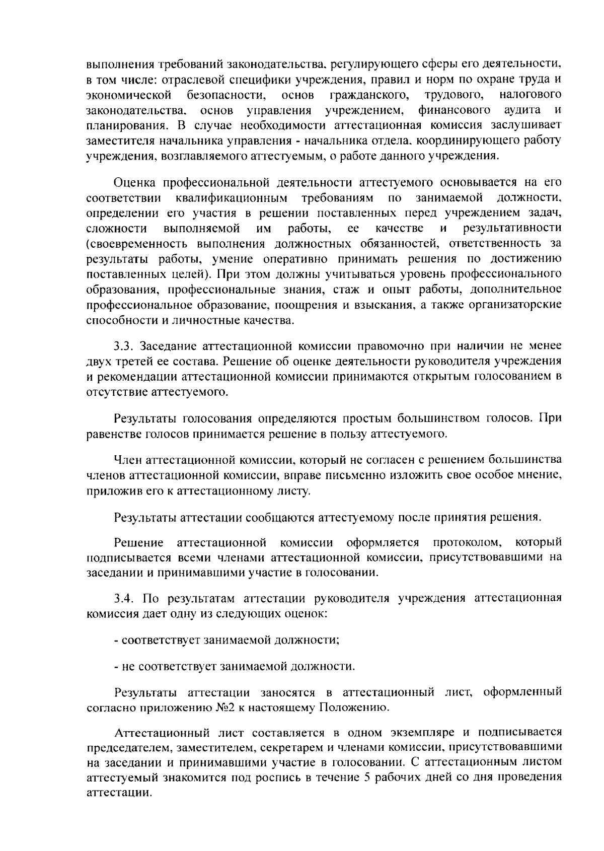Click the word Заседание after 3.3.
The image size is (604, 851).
click(x=168, y=346)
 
